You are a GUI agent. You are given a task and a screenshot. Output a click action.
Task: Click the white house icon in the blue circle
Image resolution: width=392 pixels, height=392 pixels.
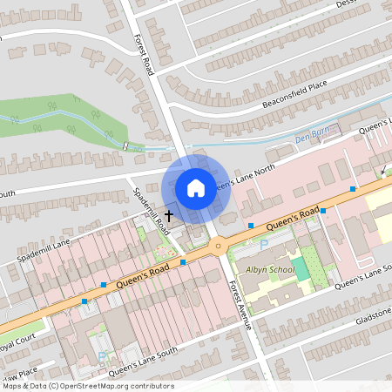pos(196,187)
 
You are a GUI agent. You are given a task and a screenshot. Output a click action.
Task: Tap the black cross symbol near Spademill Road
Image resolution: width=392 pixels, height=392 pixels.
pos(168,213)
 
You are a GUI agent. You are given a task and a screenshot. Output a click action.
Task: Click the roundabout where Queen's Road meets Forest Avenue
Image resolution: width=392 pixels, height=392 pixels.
pos(217,246)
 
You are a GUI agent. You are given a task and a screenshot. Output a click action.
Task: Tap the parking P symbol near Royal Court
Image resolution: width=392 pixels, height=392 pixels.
pos(103,356)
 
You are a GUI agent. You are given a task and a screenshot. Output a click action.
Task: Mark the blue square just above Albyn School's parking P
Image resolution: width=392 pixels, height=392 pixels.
pos(251,226)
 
